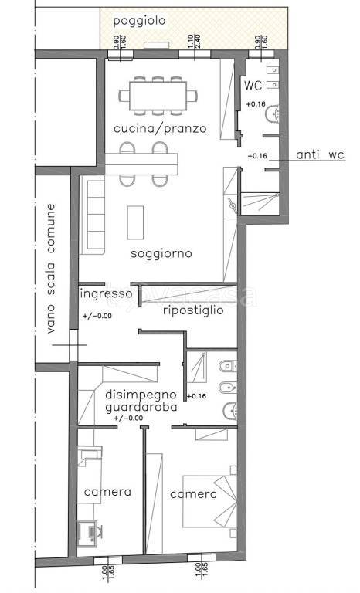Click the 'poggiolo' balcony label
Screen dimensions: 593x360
(x=139, y=22)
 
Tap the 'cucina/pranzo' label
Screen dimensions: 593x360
(x=160, y=128)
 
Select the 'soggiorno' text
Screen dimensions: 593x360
(x=161, y=253)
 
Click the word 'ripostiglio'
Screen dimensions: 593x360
(x=193, y=310)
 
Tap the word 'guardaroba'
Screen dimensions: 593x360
(x=141, y=407)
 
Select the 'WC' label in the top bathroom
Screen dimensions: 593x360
(x=253, y=85)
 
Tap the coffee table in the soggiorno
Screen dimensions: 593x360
(x=137, y=222)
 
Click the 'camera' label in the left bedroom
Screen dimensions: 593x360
(x=107, y=492)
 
